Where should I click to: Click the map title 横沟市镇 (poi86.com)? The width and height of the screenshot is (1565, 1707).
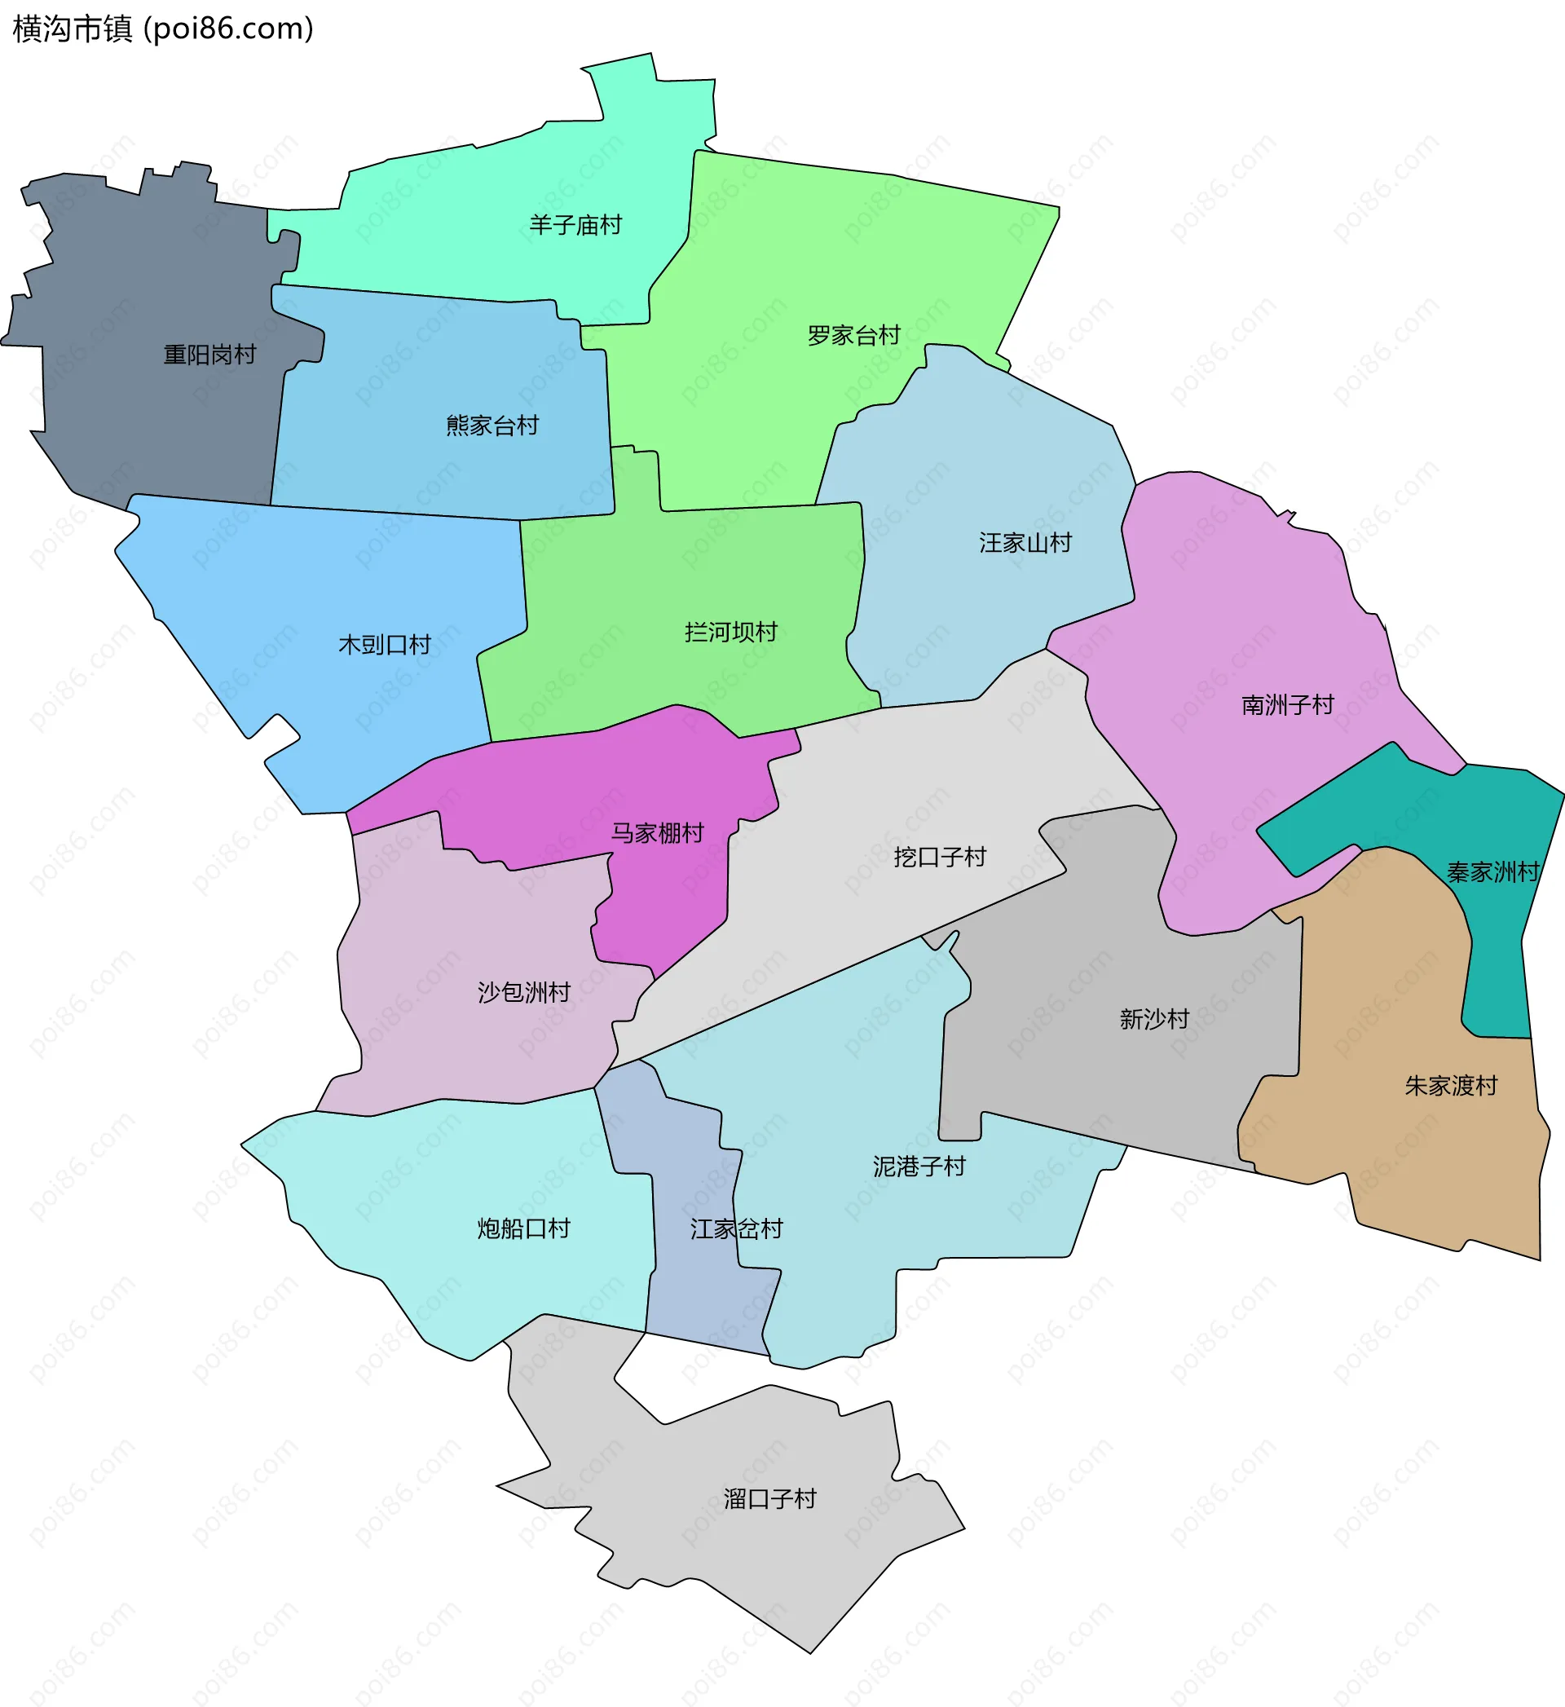[162, 29]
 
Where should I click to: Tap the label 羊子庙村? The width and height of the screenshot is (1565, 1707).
[575, 225]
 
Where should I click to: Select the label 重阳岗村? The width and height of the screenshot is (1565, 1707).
[209, 355]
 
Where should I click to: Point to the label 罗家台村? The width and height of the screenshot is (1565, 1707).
[853, 336]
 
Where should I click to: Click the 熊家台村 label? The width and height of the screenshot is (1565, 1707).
[492, 426]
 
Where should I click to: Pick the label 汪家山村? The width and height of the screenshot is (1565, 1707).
[1025, 543]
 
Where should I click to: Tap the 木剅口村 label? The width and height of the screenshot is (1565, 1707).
[385, 645]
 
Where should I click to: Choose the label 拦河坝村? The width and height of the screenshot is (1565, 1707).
[731, 633]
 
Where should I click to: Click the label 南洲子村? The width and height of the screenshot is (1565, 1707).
[1287, 705]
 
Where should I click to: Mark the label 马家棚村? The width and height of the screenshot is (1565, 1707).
[657, 834]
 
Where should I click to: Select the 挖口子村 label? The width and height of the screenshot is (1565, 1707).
[939, 858]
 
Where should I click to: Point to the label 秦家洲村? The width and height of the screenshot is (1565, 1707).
[1492, 873]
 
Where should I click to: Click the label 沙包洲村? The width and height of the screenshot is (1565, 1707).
[523, 992]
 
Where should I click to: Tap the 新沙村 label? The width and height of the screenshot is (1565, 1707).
[1154, 1020]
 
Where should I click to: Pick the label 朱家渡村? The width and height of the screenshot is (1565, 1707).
[1451, 1087]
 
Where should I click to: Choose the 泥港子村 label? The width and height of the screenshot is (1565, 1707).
[919, 1167]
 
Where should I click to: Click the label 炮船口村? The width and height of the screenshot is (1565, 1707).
[523, 1229]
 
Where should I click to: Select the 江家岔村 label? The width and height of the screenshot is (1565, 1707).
[736, 1229]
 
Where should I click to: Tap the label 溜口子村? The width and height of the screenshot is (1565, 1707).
[769, 1500]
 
